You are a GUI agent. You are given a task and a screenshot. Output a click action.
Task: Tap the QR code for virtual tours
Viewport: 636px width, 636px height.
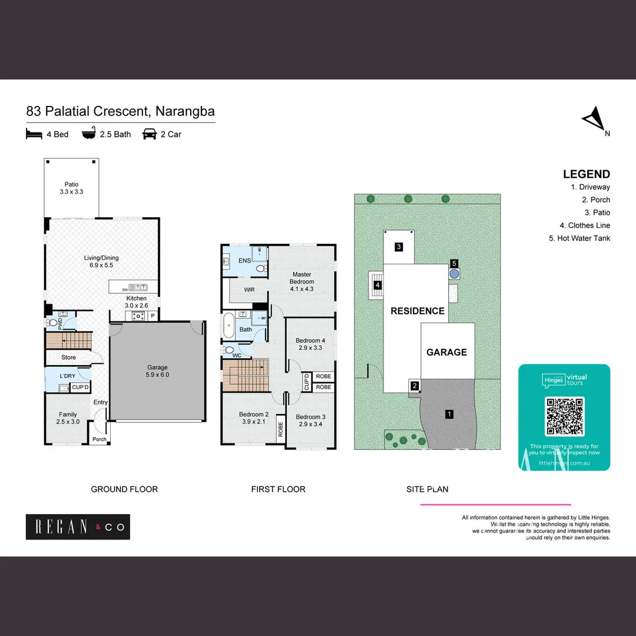tap(565, 416)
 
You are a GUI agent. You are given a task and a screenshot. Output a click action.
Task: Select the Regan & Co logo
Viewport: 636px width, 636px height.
tap(78, 527)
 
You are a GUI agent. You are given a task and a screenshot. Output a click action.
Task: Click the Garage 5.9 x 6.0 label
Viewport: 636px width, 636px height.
tap(157, 371)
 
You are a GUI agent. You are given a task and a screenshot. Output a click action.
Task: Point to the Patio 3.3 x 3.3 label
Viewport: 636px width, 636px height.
tap(71, 188)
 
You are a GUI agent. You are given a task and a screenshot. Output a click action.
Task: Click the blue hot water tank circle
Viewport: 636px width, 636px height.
tap(454, 274)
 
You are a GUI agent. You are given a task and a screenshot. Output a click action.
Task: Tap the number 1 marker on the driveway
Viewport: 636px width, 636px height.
tap(449, 414)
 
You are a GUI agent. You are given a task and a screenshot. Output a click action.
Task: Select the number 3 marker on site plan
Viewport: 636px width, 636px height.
tap(399, 247)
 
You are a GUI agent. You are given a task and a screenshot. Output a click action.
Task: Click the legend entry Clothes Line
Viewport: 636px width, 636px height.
tap(585, 226)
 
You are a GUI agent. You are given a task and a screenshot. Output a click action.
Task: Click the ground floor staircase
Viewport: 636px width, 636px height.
tap(69, 340)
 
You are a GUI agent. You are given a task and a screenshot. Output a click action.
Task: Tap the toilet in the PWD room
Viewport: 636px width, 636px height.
tap(52, 323)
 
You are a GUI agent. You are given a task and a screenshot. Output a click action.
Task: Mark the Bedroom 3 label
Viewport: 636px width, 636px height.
tap(310, 420)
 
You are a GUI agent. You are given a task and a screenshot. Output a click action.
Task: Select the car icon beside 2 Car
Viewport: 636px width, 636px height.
tap(149, 134)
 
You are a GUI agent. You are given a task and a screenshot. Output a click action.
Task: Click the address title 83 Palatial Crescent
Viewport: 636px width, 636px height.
tap(120, 111)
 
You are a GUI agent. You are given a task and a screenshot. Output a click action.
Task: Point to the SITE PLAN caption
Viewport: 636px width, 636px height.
tap(427, 489)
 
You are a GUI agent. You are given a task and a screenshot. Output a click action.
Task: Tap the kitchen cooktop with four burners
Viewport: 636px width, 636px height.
tap(138, 316)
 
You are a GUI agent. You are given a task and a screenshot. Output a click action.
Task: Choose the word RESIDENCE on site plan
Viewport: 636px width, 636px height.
tap(418, 311)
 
